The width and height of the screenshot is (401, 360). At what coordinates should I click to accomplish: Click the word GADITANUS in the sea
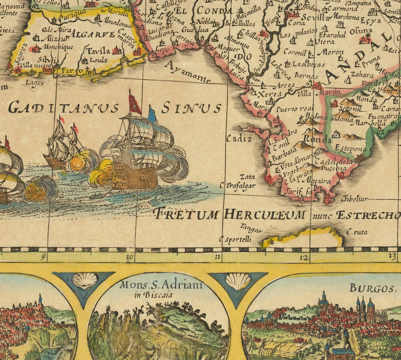[63, 108]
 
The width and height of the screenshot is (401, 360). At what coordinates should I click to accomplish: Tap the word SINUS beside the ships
[191, 108]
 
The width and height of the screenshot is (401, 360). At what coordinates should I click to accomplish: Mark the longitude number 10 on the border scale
[130, 257]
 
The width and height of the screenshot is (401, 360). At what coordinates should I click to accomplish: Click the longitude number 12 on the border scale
[304, 257]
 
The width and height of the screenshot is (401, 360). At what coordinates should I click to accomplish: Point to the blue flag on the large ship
[152, 115]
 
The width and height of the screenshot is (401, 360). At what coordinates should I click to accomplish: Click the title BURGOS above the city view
[372, 288]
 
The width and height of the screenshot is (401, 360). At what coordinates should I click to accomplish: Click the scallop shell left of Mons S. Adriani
[85, 281]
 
